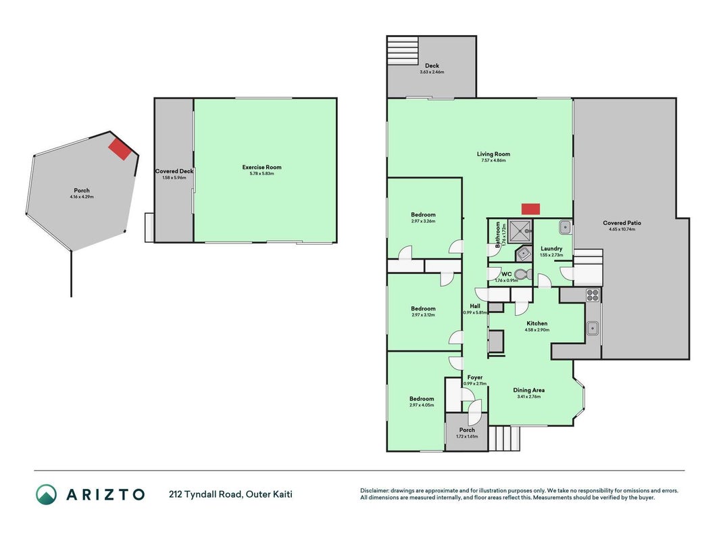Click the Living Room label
click(x=493, y=154)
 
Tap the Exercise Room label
click(x=262, y=167)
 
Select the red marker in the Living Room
click(x=530, y=209)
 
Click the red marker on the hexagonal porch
click(x=120, y=149)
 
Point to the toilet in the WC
click(x=523, y=275)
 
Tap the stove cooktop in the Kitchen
click(x=592, y=295)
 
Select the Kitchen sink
click(x=592, y=329)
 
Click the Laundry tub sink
click(x=565, y=227)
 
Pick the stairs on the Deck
click(x=403, y=51)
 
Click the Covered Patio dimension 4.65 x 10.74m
click(x=622, y=229)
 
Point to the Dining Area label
click(x=529, y=390)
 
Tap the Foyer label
click(x=475, y=377)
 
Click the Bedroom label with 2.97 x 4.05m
click(x=422, y=399)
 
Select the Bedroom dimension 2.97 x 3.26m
click(x=423, y=221)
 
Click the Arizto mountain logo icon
click(x=47, y=494)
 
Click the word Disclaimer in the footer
click(x=375, y=491)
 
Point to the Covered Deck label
click(x=174, y=171)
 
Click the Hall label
click(x=475, y=306)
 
